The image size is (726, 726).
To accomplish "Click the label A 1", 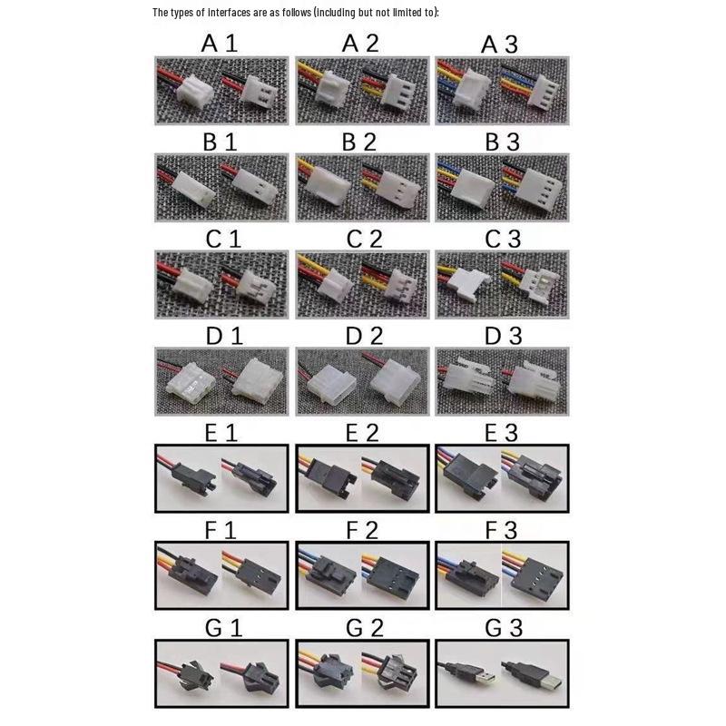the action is [220, 44].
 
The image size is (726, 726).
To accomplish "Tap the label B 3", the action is [502, 142].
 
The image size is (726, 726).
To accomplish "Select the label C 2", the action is [365, 239].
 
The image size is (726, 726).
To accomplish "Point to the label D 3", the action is [504, 336].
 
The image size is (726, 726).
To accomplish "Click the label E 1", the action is [221, 433].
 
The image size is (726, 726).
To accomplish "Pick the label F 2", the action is [362, 531].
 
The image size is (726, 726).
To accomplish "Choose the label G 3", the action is [504, 628].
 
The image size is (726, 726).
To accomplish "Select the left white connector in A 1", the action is [194, 92].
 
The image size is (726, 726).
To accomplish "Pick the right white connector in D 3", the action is [533, 380].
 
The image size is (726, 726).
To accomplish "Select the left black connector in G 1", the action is [195, 676].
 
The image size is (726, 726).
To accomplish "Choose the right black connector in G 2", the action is [395, 674].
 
